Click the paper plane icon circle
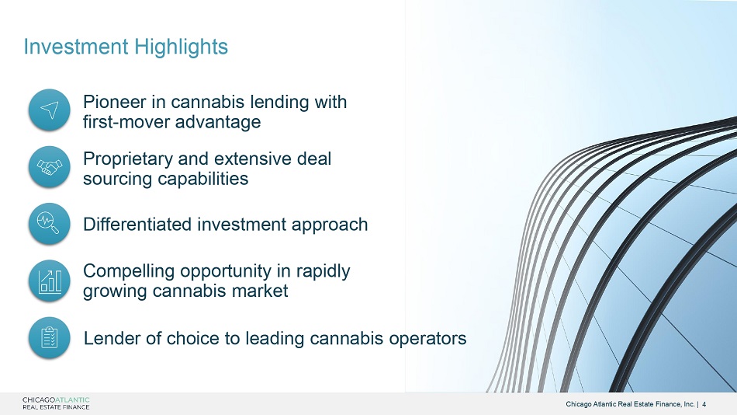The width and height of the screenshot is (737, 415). pyautogui.click(x=50, y=110)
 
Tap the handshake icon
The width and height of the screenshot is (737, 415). pyautogui.click(x=50, y=167)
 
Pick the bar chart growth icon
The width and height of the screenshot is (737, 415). pyautogui.click(x=50, y=281)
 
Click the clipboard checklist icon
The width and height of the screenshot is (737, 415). pyautogui.click(x=50, y=337)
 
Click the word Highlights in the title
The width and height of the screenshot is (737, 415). pyautogui.click(x=181, y=47)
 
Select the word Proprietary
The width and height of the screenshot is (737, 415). pyautogui.click(x=128, y=159)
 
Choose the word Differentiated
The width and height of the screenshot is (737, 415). pyautogui.click(x=137, y=225)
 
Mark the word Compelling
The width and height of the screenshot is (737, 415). pyautogui.click(x=129, y=271)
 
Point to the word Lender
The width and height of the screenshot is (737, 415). pyautogui.click(x=112, y=338)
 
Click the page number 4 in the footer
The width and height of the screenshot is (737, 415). pyautogui.click(x=704, y=404)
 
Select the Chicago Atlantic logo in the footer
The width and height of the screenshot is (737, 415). pyautogui.click(x=56, y=403)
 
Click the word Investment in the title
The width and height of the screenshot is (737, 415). pyautogui.click(x=76, y=47)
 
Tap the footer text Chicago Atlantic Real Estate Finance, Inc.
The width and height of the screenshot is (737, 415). pyautogui.click(x=630, y=404)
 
